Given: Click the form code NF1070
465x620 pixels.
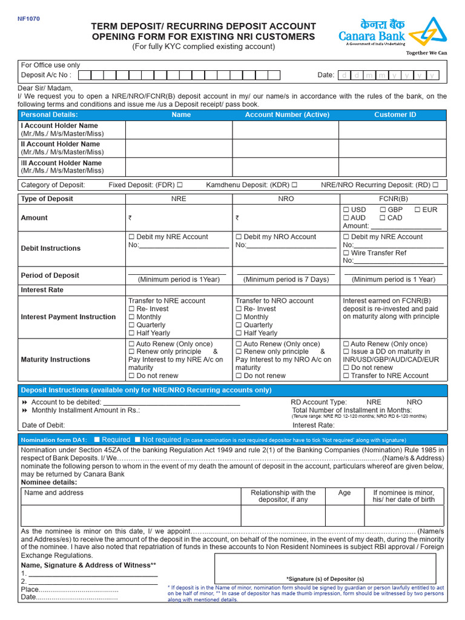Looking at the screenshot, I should point(28,19).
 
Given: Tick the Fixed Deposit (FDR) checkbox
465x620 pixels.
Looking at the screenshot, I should point(180,185).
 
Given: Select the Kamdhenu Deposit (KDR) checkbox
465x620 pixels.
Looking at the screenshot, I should point(294,185).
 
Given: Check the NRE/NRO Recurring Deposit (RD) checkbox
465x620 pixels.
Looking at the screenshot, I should point(435,185).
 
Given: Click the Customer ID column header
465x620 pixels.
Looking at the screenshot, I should point(395,114).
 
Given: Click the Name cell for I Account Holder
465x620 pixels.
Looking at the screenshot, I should point(181,130).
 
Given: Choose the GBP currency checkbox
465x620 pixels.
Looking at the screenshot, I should point(383,209).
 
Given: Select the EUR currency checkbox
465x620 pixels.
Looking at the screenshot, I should point(418,209).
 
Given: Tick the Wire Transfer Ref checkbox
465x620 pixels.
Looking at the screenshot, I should point(346,252).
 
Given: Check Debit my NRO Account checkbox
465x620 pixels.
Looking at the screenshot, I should point(239,237).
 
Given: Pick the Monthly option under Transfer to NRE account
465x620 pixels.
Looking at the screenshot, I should point(131,317).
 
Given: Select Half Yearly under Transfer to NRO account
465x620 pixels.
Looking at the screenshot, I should point(239,332).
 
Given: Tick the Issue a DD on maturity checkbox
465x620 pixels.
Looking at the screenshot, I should point(346,351).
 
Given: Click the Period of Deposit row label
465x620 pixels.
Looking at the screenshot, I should point(50,275).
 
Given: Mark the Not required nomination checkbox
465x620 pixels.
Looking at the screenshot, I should point(137,440).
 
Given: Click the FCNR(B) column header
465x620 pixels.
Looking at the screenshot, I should point(393,199).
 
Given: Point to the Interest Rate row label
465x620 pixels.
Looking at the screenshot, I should point(42,290).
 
